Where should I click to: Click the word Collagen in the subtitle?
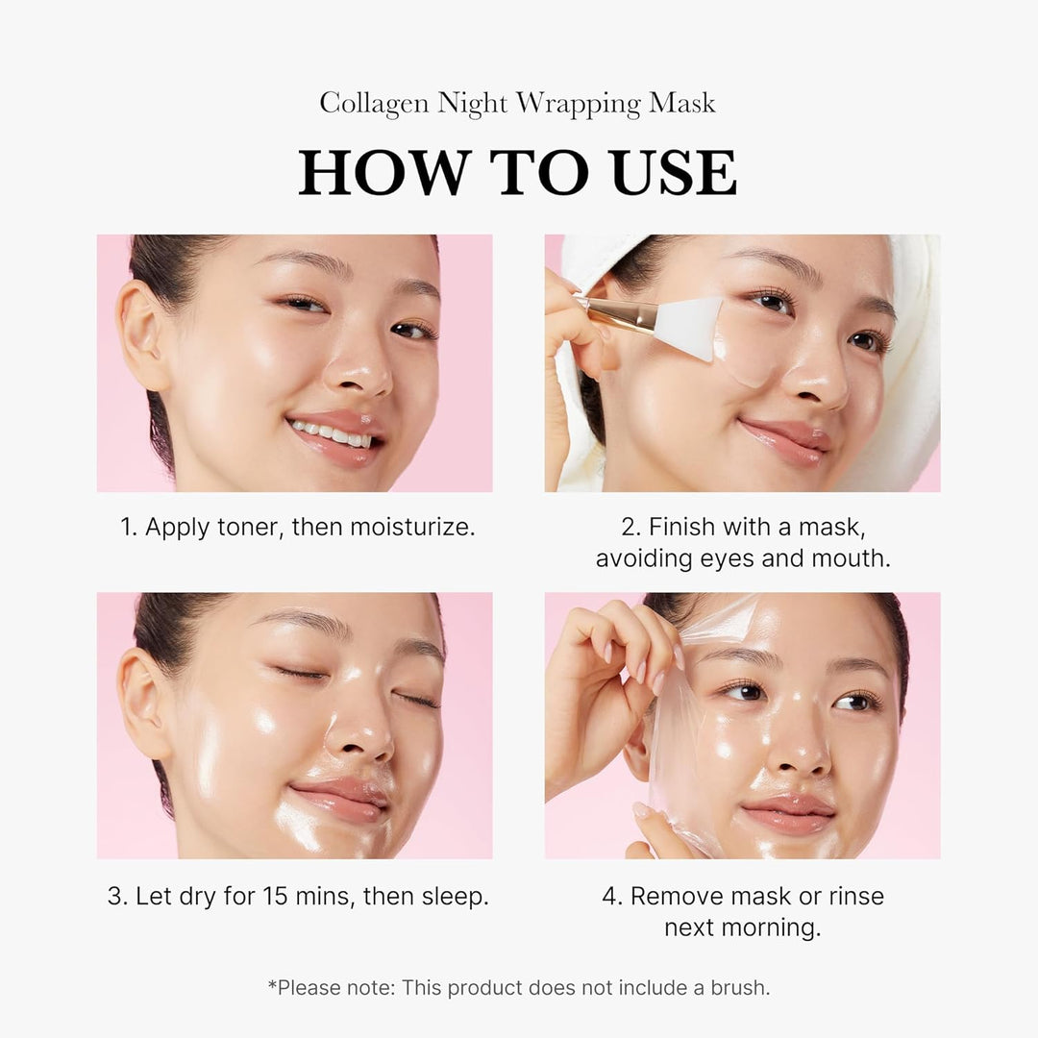pyautogui.click(x=375, y=104)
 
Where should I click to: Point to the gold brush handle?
pyautogui.click(x=615, y=312)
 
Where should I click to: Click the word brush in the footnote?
pyautogui.click(x=738, y=987)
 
